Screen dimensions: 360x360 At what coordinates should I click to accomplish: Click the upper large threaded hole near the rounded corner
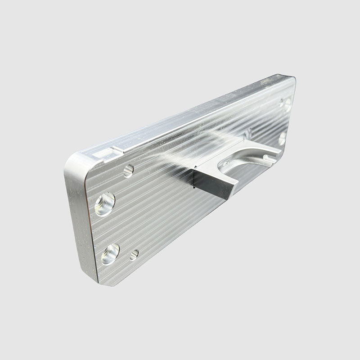(x=104, y=204)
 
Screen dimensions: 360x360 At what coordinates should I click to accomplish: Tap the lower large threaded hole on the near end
(x=110, y=254)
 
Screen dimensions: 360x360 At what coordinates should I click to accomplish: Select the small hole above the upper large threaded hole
(x=128, y=171)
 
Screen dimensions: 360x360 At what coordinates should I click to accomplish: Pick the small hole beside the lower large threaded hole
(x=134, y=255)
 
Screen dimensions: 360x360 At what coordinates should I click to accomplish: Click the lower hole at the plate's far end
(x=283, y=138)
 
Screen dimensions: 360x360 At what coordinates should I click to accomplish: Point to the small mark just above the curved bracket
(x=246, y=133)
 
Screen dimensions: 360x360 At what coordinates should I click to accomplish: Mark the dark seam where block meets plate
(x=192, y=177)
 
